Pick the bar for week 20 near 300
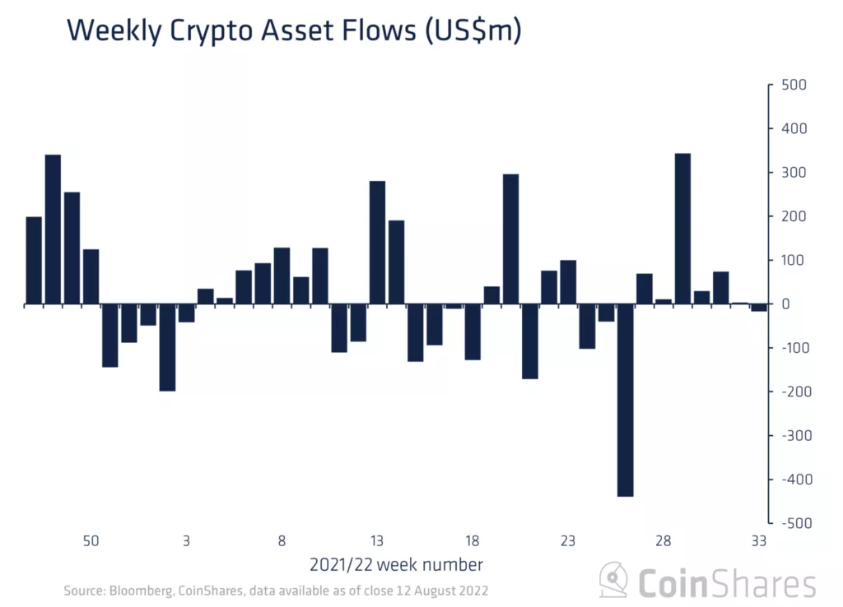click(510, 239)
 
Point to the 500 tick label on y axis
click(794, 86)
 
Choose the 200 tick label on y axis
click(794, 216)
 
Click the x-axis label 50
click(91, 541)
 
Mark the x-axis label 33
click(758, 541)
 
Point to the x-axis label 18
click(473, 541)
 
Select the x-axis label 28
click(663, 541)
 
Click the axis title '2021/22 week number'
click(396, 565)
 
